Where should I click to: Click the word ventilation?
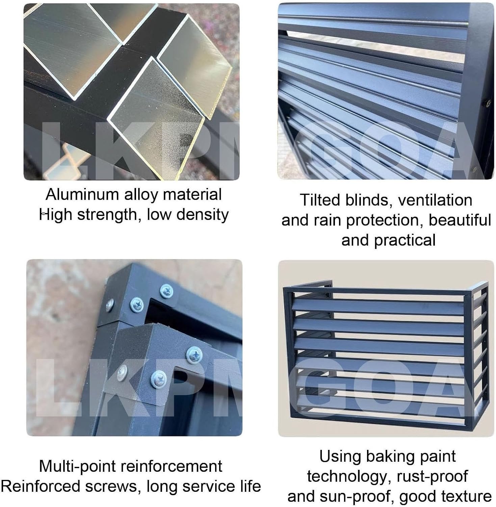pos(435,200)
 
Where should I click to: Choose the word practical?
pos(404,240)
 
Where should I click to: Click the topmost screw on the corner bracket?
pos(166,290)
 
